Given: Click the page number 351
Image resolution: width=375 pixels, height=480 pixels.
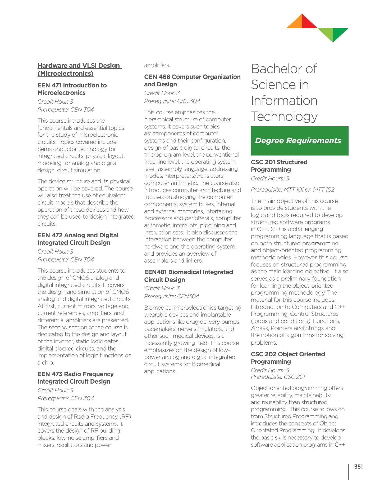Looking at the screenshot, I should click(x=358, y=466).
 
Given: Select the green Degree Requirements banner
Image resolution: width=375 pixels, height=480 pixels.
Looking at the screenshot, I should click(x=299, y=141).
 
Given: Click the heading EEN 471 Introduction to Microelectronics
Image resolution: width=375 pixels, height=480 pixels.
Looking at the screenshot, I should click(x=72, y=89).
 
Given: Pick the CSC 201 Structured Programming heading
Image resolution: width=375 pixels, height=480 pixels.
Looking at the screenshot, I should click(x=279, y=166).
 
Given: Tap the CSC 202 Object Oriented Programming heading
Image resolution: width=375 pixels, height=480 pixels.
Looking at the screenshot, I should click(x=288, y=358).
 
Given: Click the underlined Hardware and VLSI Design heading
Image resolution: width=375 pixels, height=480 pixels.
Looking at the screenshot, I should click(x=79, y=69).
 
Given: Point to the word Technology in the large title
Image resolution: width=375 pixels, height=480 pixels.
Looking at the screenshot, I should click(x=284, y=116).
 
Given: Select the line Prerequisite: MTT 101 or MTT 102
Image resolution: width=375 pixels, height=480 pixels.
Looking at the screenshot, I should click(x=292, y=190).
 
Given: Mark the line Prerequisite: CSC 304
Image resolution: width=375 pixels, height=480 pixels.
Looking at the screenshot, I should click(x=172, y=101).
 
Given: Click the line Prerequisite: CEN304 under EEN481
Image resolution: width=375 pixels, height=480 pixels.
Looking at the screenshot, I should click(x=171, y=296).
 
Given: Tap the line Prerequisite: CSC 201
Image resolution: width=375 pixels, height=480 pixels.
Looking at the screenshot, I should click(x=278, y=377).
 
